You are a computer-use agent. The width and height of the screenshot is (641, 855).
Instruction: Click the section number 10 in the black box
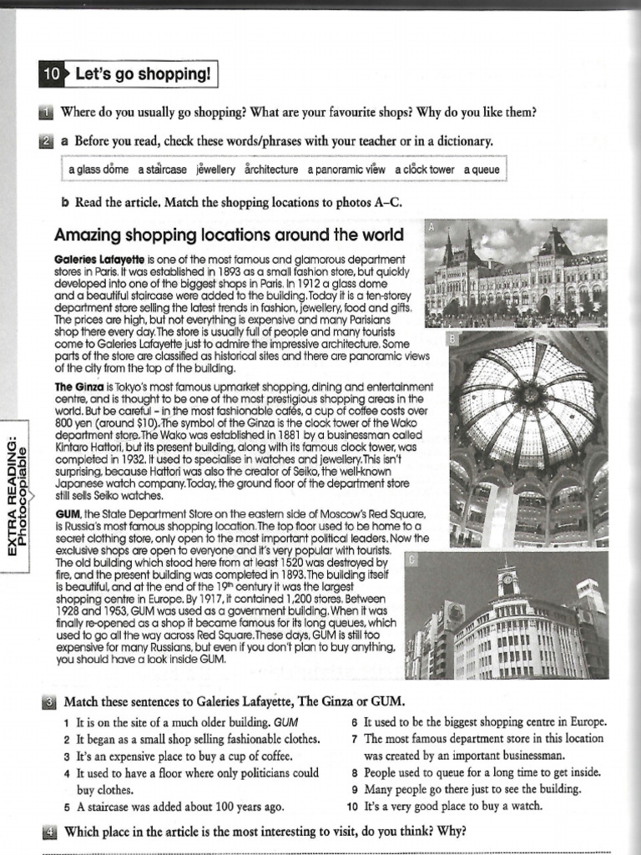tap(51, 75)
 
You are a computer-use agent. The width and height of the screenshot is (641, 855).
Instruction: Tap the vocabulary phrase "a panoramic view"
tap(346, 169)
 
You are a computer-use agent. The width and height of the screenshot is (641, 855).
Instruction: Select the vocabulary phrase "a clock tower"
tap(425, 169)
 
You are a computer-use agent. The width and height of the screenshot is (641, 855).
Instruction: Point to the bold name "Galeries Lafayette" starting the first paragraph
tap(99, 260)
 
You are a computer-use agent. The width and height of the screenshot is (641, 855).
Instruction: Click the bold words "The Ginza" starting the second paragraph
tap(78, 387)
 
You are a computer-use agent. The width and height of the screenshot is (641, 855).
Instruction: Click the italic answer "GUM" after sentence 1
tap(285, 721)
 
